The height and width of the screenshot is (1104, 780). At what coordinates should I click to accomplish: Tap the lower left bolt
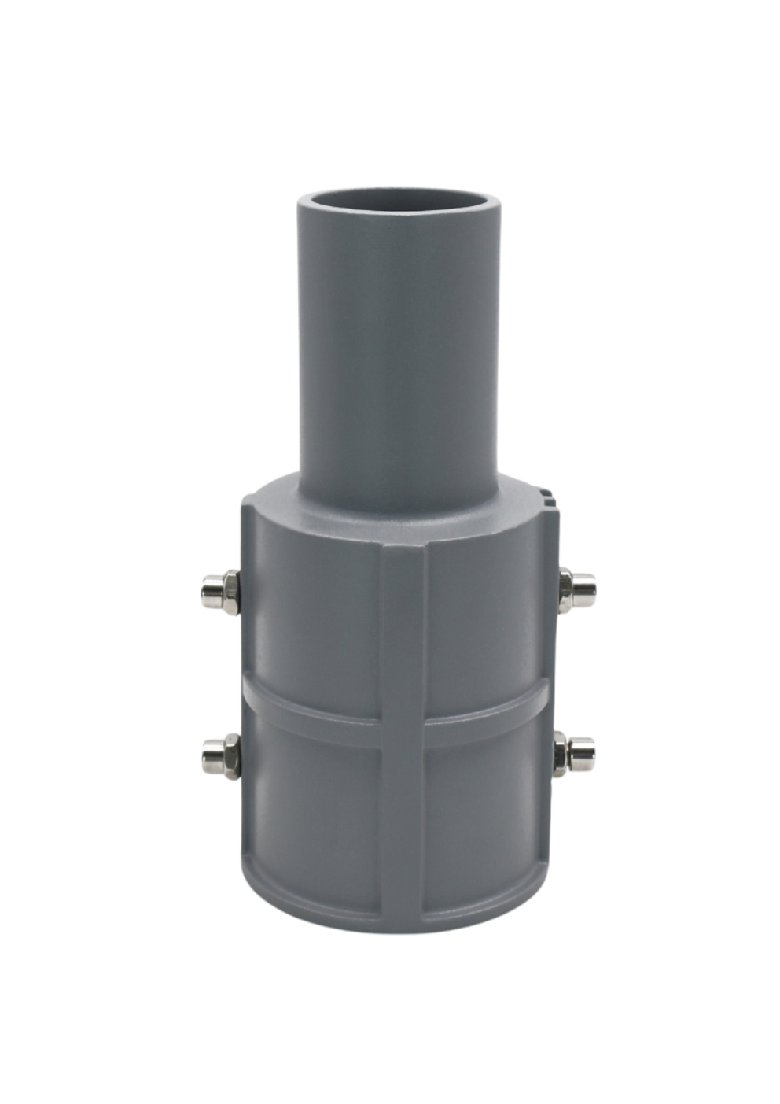click(x=221, y=755)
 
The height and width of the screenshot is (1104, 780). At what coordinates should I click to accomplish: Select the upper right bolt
click(x=576, y=590)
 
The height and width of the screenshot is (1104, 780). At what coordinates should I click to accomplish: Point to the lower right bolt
click(x=574, y=754)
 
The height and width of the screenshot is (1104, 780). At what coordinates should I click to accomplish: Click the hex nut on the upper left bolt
click(x=230, y=592)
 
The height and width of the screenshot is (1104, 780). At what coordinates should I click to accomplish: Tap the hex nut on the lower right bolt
click(x=561, y=754)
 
